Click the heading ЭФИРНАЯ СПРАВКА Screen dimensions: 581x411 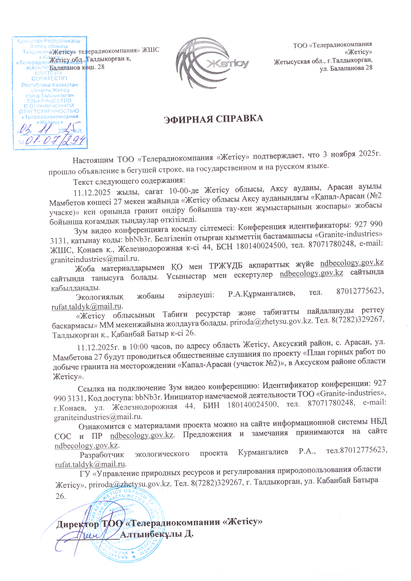click(x=213, y=119)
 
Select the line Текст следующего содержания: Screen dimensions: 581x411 click(x=129, y=181)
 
